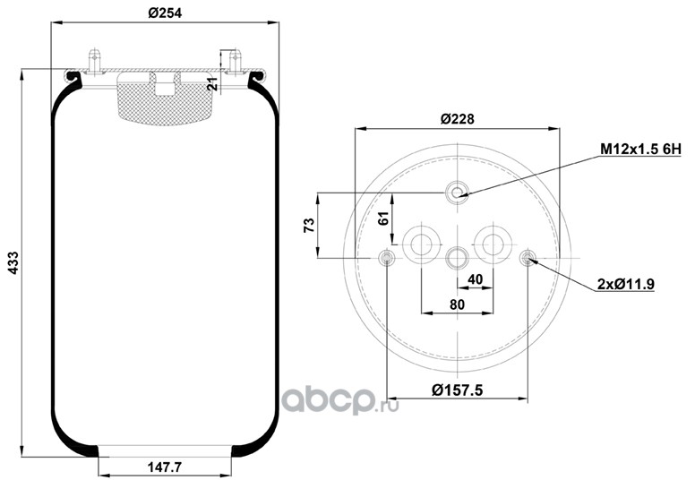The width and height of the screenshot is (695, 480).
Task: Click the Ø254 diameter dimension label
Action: point(165,13)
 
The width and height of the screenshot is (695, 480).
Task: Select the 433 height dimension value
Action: point(13,262)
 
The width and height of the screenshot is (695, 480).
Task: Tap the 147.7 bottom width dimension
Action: point(165,467)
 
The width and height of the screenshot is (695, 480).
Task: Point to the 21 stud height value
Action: point(213,84)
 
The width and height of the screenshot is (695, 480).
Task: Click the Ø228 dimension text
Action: point(457,119)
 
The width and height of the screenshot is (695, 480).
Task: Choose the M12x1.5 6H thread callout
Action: point(640,150)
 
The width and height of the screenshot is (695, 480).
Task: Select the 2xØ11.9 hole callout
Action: point(626,284)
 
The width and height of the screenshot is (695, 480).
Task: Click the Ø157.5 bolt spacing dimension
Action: point(457,390)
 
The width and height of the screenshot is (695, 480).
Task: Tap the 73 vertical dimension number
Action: point(309,225)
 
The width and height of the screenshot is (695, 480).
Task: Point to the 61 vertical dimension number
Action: point(384,219)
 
